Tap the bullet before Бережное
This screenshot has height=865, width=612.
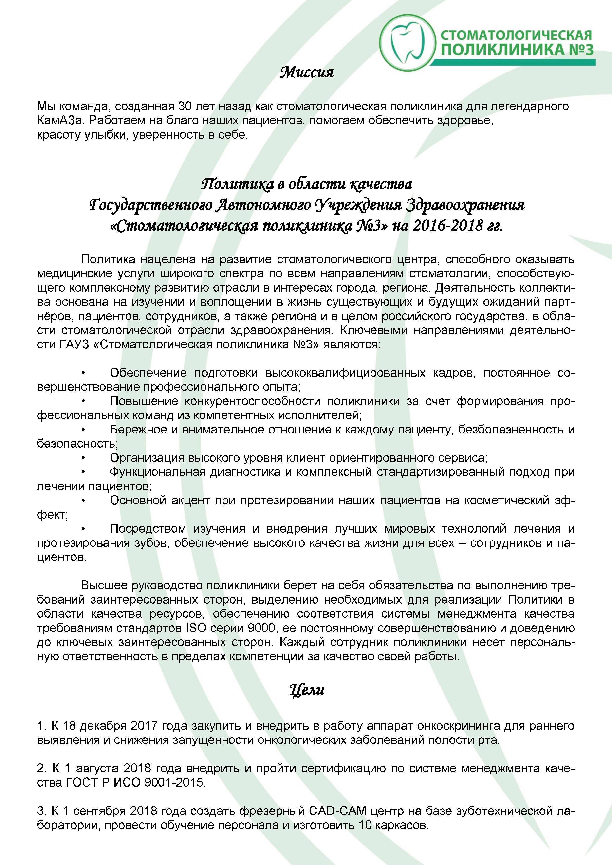tap(83, 430)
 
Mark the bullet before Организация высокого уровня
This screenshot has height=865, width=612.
tap(83, 458)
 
